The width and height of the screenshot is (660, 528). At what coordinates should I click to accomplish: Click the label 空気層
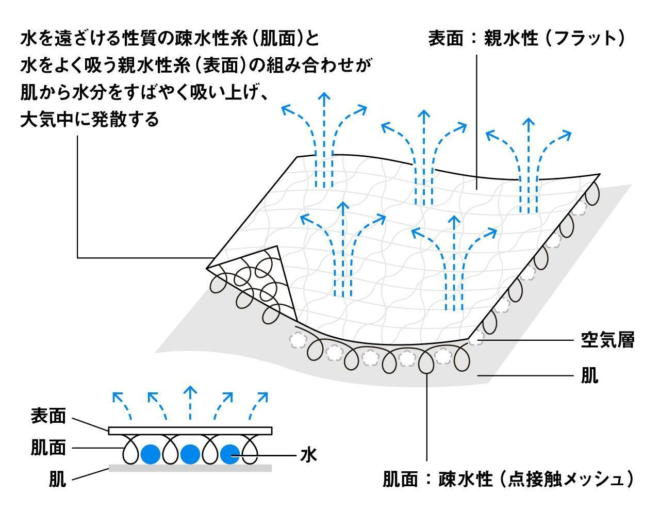[x=607, y=340]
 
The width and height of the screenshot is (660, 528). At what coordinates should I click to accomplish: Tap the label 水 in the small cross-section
[x=308, y=455]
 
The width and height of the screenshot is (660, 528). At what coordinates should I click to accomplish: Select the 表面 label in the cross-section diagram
[x=48, y=416]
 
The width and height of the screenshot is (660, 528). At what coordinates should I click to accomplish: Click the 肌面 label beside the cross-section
[x=48, y=448]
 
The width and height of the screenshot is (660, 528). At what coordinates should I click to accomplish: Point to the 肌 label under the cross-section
[x=57, y=479]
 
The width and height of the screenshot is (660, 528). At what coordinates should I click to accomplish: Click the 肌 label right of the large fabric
[x=589, y=375]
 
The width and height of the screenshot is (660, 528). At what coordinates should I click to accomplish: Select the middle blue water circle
[x=190, y=454]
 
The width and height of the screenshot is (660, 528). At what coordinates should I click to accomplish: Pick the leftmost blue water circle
[x=151, y=454]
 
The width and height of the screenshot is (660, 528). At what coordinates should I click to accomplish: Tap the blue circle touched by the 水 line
[x=230, y=454]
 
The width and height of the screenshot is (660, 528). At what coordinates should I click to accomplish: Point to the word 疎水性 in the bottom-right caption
[x=465, y=479]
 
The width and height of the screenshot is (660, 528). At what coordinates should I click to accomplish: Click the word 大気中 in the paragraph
[x=47, y=119]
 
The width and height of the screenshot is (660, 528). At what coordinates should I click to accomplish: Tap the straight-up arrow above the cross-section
[x=190, y=403]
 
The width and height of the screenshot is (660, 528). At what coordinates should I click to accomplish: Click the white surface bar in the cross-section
[x=190, y=431]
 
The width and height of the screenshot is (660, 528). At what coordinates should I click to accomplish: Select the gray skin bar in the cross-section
[x=190, y=468]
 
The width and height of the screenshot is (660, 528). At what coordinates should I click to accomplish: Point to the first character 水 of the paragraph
[x=29, y=38]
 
